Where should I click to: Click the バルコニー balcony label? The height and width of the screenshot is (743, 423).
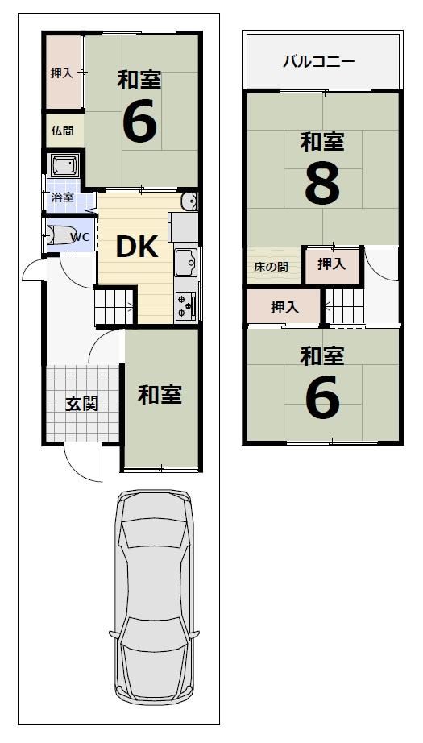(319, 62)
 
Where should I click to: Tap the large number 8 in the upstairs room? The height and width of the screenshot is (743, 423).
(322, 184)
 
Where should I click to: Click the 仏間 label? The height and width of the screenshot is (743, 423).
(63, 131)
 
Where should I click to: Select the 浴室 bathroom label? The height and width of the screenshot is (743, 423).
(62, 197)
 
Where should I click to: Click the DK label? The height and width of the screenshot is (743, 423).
(136, 247)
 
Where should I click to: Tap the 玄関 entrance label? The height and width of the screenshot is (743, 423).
(81, 404)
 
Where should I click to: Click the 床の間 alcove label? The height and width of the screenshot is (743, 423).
(271, 267)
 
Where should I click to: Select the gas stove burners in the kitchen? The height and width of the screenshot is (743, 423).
(185, 306)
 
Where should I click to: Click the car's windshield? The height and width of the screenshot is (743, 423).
(154, 534)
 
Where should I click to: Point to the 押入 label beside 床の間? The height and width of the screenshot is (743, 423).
(332, 264)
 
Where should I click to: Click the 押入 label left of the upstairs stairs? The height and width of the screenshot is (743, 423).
(284, 308)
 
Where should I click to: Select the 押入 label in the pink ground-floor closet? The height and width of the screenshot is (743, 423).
(61, 73)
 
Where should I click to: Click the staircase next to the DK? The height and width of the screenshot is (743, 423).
(115, 306)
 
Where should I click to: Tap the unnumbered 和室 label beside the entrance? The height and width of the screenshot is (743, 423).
(160, 395)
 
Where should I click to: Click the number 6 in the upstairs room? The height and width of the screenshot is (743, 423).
(322, 397)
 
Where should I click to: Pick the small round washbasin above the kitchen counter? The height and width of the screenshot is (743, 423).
(189, 202)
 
